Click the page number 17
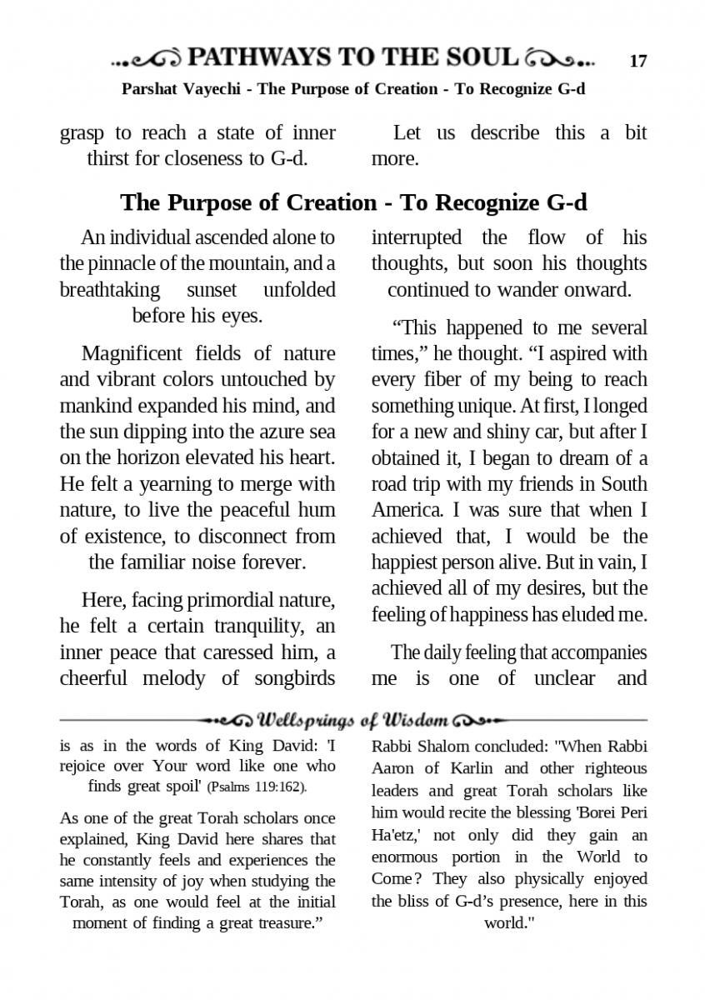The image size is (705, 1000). coord(637,61)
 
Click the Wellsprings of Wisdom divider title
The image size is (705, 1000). coord(354,719)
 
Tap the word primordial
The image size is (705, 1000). coord(240,600)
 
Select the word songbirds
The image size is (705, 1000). coord(292,677)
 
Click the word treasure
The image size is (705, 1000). coord(285,923)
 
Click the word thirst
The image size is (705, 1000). coord(111,158)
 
